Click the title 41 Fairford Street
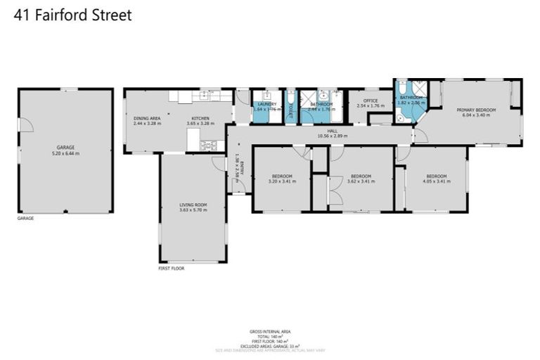(73, 15)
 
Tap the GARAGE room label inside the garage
(65, 147)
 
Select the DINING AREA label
(147, 118)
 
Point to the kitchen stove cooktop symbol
(209, 146)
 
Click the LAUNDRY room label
(266, 104)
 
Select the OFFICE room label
(371, 101)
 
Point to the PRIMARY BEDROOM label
(476, 110)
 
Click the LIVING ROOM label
(193, 205)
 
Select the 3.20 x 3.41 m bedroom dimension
(281, 181)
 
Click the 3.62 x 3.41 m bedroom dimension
(361, 181)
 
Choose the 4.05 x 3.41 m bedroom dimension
(436, 181)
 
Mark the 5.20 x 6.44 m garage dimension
(65, 153)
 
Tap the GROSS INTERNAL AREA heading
(270, 331)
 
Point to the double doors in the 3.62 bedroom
(335, 191)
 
